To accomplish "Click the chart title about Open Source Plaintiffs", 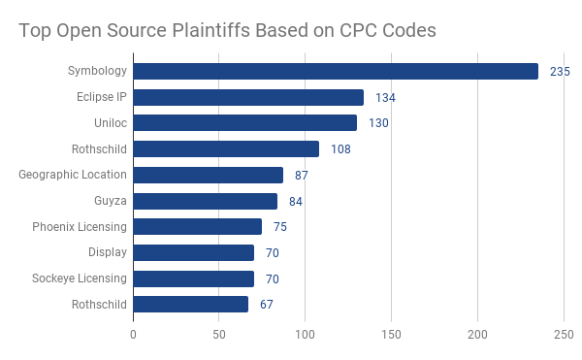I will pos(227,30).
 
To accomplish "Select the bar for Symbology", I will pos(335,71).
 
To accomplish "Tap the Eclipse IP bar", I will pos(247,97).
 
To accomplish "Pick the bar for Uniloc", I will pos(244,123).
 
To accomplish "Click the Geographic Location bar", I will pos(208,175).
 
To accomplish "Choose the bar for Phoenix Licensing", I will pos(197,226).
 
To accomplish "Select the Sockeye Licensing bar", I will pos(193,278).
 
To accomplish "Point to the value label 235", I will pos(559,72).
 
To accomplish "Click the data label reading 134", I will pos(385,98).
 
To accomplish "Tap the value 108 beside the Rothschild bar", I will pos(340,149).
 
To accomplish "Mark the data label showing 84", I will pos(296,201).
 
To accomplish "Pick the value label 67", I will pos(268,305).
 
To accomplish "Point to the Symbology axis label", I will pos(97,71).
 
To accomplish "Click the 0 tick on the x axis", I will pos(133,335).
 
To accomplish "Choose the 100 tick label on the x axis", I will pos(306,335).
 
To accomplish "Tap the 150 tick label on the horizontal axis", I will pos(392,335).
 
